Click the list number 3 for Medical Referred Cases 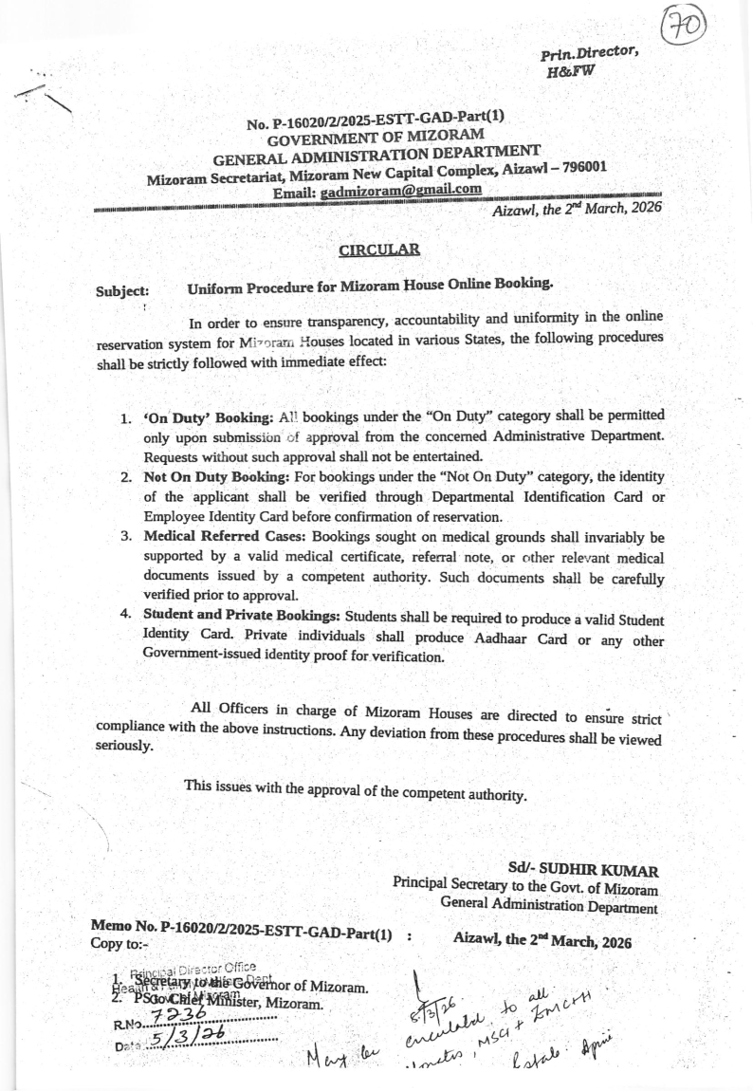(x=125, y=537)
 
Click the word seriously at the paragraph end (x=124, y=746)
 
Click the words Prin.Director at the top (x=588, y=55)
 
